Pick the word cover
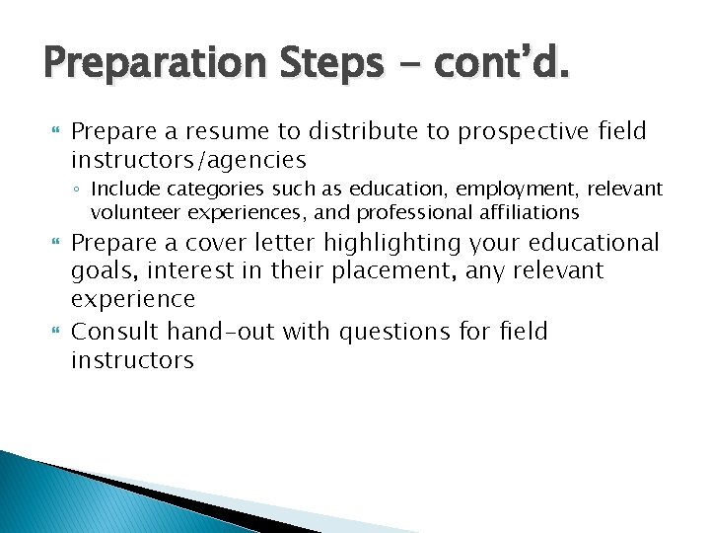243,243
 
